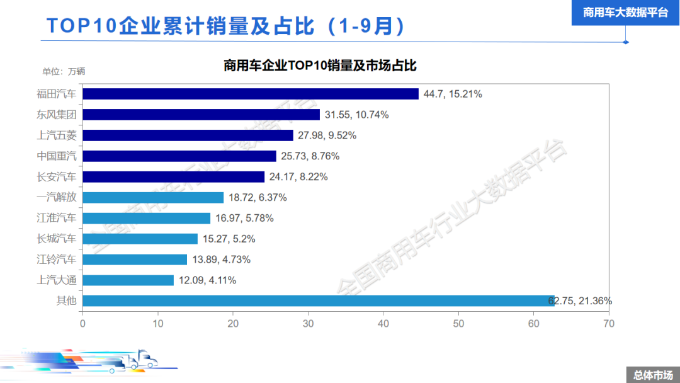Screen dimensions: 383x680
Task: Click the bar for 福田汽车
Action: (x=251, y=94)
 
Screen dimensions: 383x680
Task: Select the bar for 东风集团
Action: (x=201, y=115)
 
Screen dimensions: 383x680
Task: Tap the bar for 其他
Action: (x=319, y=300)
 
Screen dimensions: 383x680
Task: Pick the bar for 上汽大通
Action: (x=128, y=280)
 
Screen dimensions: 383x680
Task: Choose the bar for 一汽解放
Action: (x=153, y=197)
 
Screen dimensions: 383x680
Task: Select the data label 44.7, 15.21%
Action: (x=453, y=94)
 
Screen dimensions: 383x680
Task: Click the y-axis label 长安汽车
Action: (x=57, y=177)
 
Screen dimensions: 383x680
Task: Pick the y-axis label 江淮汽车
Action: (x=57, y=218)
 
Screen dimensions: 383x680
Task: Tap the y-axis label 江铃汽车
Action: (x=57, y=260)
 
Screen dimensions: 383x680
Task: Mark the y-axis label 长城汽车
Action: (x=57, y=239)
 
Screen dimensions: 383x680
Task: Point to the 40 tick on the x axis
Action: (x=383, y=323)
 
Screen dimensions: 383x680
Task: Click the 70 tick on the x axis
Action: (x=609, y=323)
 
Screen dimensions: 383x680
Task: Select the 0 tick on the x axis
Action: (x=82, y=323)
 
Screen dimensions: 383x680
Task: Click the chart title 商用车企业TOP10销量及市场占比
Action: (x=320, y=66)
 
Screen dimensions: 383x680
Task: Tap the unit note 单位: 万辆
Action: (x=64, y=71)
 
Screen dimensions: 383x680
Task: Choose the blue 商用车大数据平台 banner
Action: (x=625, y=12)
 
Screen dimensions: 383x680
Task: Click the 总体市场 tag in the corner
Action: (x=653, y=375)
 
